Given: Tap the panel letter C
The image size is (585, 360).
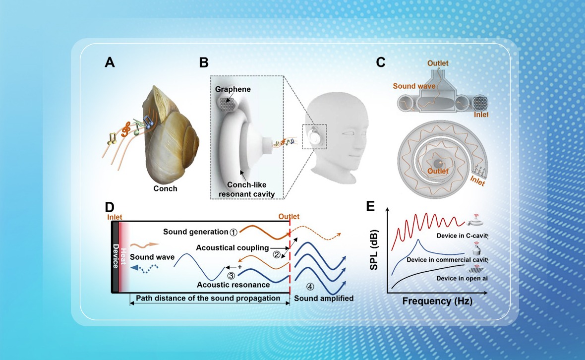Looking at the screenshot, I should coord(381,62).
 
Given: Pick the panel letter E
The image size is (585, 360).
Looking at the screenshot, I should coord(371,205).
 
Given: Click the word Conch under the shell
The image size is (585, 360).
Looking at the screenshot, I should coord(166,188).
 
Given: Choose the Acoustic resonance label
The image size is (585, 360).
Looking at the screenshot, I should coord(233,285).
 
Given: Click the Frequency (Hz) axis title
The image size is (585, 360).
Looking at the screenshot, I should coord(437,301).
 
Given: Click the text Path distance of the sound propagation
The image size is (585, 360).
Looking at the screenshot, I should coord(209,298).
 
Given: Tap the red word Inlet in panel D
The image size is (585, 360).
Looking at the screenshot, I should coord(115,217).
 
